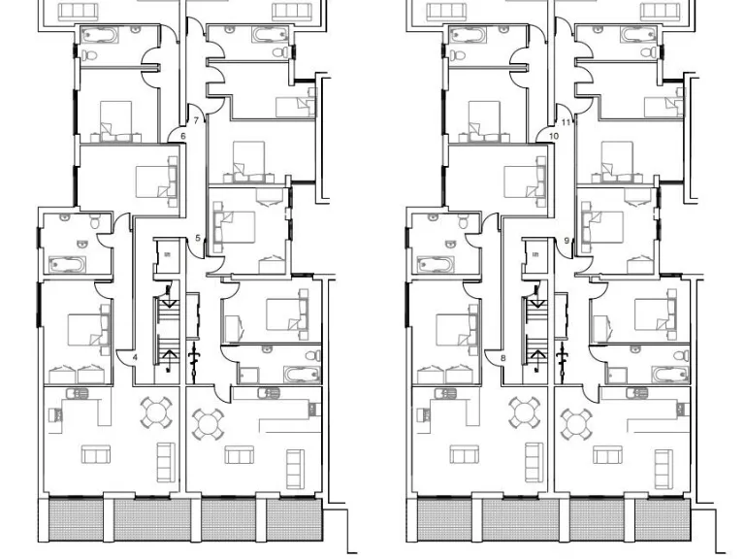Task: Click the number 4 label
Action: (x=136, y=358)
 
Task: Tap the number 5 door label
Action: (x=198, y=239)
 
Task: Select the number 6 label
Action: (x=182, y=137)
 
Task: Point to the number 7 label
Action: (x=196, y=121)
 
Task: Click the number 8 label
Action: (x=503, y=358)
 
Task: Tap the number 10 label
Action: (x=554, y=137)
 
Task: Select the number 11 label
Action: (x=567, y=122)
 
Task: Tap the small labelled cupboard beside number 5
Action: (x=166, y=256)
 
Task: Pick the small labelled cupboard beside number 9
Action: (x=534, y=256)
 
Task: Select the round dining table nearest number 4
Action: (x=158, y=413)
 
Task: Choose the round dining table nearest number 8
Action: (x=526, y=413)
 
